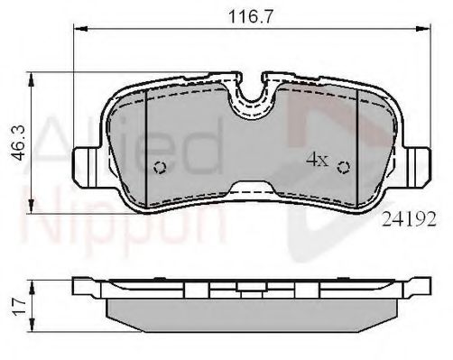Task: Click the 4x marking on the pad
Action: click(x=316, y=161)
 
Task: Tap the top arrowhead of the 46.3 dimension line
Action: click(x=33, y=76)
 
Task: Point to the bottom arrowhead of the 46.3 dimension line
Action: click(x=33, y=213)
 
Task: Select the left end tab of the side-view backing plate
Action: click(x=83, y=287)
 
